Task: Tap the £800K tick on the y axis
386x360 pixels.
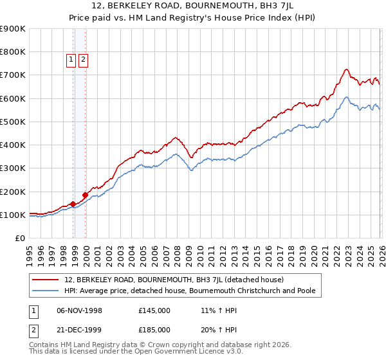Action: click(13, 52)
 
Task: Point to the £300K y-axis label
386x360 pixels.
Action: click(13, 168)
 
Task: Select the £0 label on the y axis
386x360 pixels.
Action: click(19, 239)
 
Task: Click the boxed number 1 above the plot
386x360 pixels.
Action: click(72, 60)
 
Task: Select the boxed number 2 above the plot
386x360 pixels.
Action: click(84, 60)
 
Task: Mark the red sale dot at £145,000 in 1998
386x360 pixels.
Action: click(73, 204)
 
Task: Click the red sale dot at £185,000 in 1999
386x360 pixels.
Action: click(86, 195)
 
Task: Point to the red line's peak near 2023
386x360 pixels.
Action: click(346, 69)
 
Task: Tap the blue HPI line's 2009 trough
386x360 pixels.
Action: click(191, 170)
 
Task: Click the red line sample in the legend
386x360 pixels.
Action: click(45, 280)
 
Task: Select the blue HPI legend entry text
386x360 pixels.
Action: click(190, 291)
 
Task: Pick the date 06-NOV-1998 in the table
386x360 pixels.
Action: click(80, 310)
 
